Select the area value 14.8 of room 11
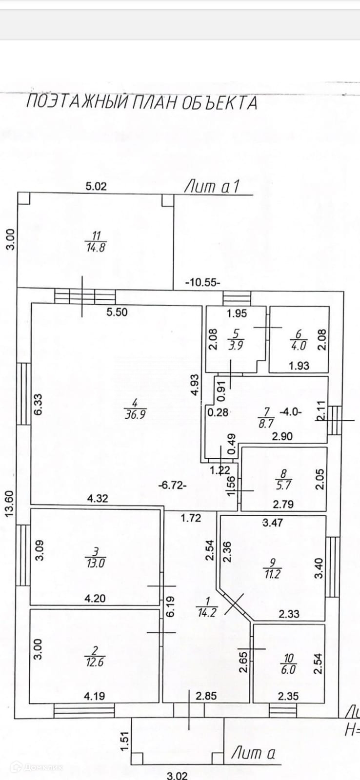click(96, 247)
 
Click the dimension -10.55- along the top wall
click(202, 282)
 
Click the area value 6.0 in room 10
click(288, 669)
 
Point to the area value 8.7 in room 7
click(266, 423)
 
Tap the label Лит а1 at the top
click(212, 187)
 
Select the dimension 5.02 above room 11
click(96, 186)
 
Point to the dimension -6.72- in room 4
click(173, 485)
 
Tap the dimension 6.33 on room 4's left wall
click(39, 404)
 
